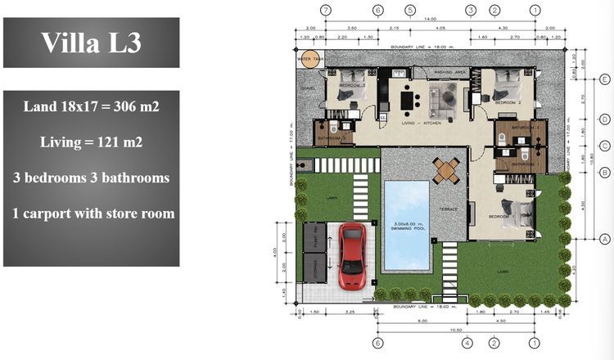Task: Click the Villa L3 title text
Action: (91, 43)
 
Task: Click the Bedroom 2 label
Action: (508, 103)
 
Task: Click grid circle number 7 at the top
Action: (327, 11)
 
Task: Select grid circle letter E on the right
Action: (604, 79)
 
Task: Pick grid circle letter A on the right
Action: (604, 239)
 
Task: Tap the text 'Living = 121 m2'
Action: (91, 142)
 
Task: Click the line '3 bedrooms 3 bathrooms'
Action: (91, 178)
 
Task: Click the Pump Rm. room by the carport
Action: (311, 236)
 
